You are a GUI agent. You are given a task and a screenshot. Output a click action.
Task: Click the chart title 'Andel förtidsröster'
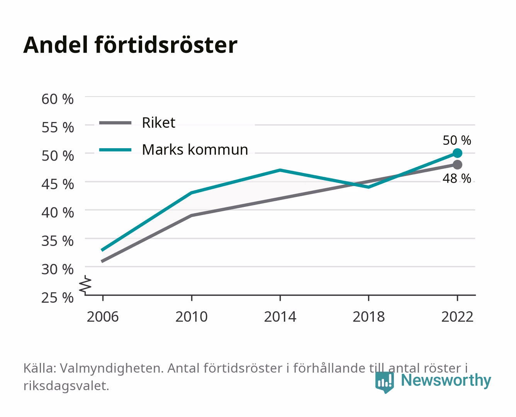[x=130, y=45]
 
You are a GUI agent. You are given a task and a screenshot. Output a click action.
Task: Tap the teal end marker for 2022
[x=457, y=153]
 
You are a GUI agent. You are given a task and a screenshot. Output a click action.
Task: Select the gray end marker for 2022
[x=457, y=164]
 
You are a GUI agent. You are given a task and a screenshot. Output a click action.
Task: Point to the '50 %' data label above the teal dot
[x=457, y=141]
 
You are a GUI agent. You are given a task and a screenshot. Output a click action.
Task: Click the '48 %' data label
[x=457, y=179]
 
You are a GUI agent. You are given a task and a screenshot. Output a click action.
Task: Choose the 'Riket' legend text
[x=158, y=122]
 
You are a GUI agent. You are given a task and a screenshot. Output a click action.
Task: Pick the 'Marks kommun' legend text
[x=195, y=149]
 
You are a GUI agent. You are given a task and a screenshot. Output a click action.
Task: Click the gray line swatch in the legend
[x=115, y=123]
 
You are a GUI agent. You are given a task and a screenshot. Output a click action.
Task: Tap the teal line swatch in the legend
[x=115, y=150]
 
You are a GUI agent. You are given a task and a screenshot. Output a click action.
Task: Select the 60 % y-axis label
[x=58, y=99]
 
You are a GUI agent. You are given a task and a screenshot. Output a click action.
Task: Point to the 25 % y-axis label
[x=58, y=298]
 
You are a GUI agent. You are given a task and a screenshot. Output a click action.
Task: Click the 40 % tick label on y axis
[x=58, y=213]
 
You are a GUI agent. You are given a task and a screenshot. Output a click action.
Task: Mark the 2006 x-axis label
[x=103, y=317]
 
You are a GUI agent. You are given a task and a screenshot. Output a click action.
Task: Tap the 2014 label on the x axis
[x=280, y=317]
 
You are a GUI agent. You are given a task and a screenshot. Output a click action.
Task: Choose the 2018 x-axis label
[x=369, y=317]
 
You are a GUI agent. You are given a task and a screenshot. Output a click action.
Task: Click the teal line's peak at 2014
[x=280, y=170]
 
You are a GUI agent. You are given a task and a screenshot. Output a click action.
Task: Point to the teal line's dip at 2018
[x=369, y=187]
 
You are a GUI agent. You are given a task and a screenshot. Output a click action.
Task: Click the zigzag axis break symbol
[x=85, y=285]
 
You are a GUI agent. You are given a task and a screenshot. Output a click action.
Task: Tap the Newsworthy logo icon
[x=384, y=382]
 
